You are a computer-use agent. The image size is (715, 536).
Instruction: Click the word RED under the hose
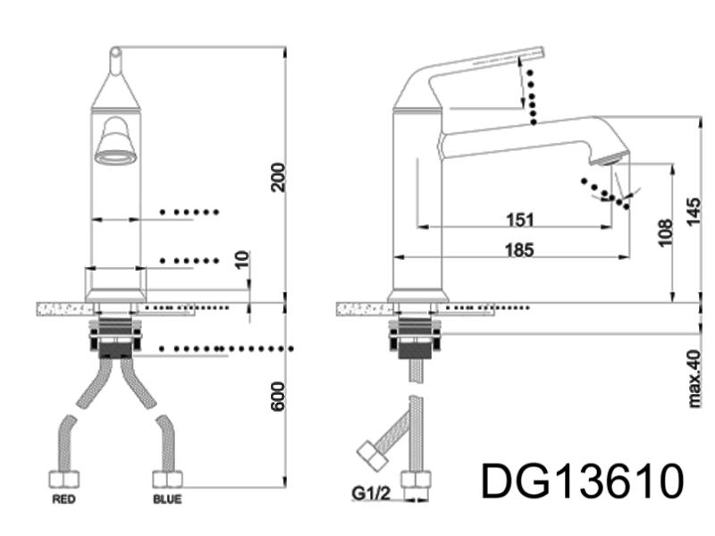[63, 499]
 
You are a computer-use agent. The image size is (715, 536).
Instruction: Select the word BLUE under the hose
[166, 499]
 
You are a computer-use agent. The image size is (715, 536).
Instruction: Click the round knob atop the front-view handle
[114, 54]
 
